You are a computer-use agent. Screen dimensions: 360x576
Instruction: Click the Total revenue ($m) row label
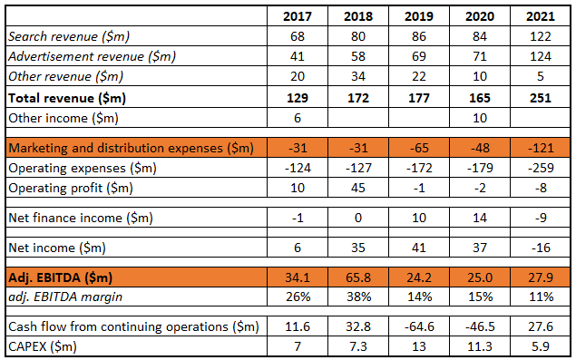point(66,97)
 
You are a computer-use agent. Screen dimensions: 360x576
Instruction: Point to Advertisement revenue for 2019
point(415,56)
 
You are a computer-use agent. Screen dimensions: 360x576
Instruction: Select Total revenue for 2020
point(478,97)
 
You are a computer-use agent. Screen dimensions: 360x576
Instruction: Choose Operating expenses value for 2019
point(415,168)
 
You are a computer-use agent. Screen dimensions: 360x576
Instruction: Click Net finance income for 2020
point(478,218)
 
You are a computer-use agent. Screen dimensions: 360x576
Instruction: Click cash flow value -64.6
point(415,326)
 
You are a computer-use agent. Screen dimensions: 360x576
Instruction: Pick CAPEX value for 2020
point(478,345)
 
